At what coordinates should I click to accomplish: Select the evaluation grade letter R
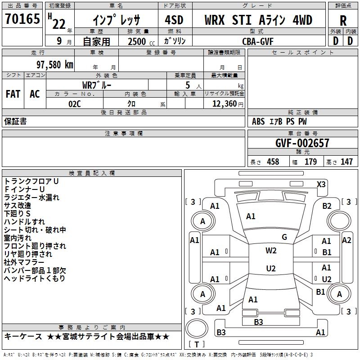[x=343, y=21]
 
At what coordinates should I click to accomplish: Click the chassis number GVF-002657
[x=302, y=143]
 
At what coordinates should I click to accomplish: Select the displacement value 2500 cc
[x=137, y=41]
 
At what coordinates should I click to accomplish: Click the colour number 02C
[x=75, y=103]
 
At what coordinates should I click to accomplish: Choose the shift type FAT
[x=13, y=94]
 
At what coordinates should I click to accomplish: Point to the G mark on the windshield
[x=284, y=237]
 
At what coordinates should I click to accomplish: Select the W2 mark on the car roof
[x=271, y=251]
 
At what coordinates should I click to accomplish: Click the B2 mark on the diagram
[x=327, y=206]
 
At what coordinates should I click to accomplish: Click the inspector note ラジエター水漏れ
[x=31, y=197]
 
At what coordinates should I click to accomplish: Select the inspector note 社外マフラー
[x=24, y=262]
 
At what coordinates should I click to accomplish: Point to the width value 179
[x=310, y=162]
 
